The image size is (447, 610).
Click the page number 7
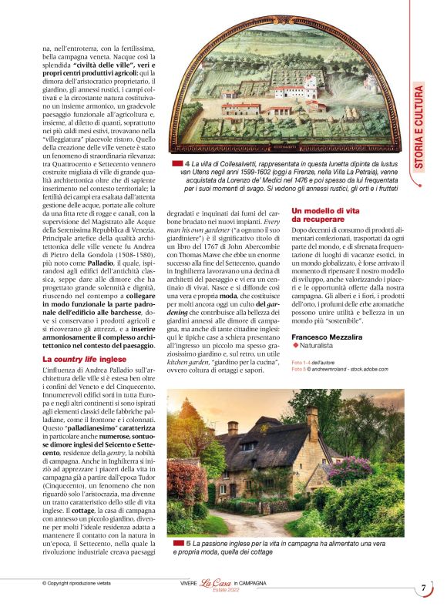coord(424,588)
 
